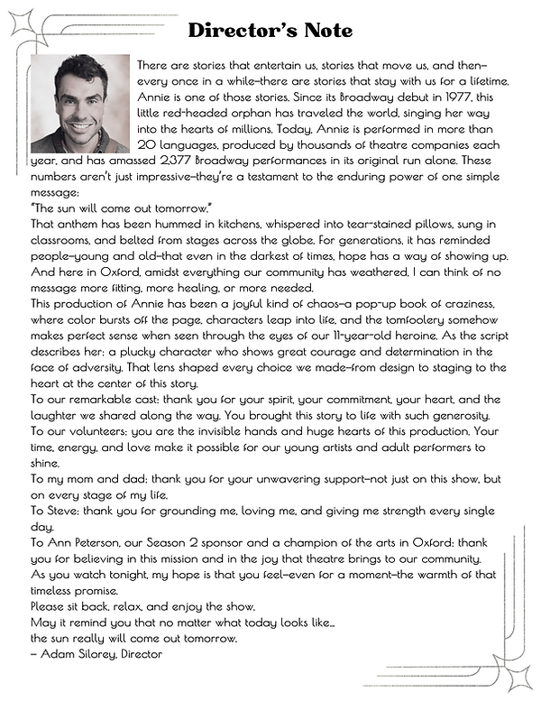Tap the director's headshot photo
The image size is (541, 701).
80,102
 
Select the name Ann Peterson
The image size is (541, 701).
87,544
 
